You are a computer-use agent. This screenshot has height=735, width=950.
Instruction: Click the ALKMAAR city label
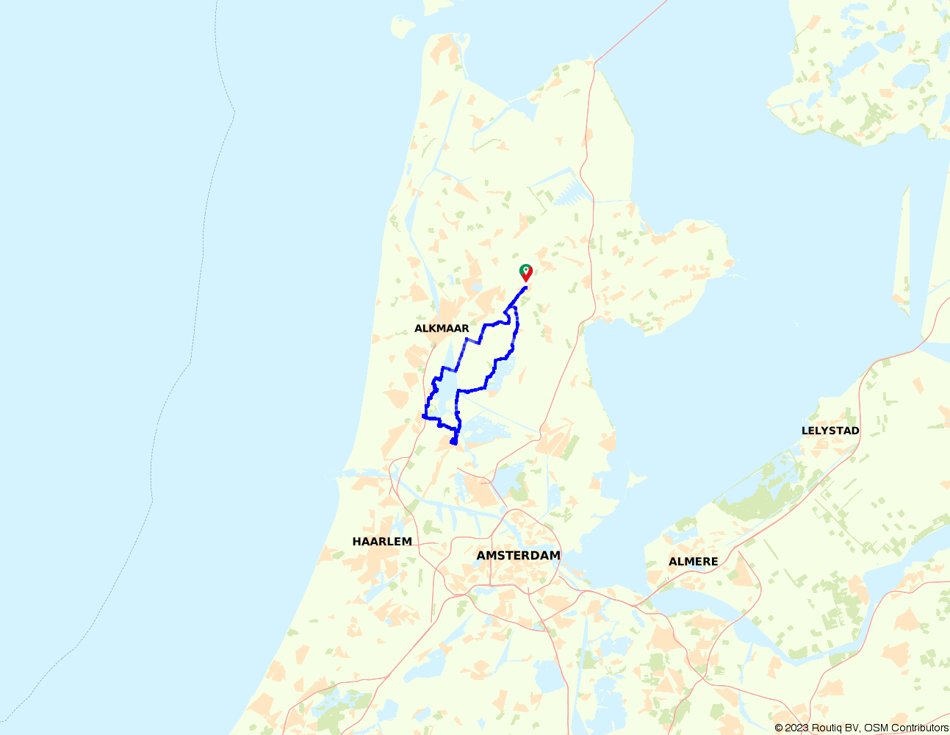pos(442,329)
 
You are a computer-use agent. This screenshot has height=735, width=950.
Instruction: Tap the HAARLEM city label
pos(382,542)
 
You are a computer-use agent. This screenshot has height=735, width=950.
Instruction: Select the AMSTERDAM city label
pos(518,556)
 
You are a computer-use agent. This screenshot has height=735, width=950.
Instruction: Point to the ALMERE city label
pos(693,562)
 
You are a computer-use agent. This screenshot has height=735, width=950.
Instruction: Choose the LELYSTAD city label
pos(830,431)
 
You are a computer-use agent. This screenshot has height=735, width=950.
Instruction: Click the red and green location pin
pos(525,271)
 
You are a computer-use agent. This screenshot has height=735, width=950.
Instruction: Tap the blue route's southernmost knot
pos(454,442)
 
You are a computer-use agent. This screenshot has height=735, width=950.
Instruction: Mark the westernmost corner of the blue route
pos(423,416)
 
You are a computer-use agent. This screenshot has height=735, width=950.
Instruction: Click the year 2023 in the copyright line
pos(798,728)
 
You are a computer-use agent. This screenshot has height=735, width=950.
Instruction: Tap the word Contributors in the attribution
pos(919,728)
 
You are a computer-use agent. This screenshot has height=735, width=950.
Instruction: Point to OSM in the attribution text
pos(876,728)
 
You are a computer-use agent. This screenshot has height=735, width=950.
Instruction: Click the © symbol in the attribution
pos(779,728)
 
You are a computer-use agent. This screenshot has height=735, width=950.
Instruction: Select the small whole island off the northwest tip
pos(403,27)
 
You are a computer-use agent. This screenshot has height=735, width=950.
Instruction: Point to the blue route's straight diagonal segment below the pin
pos(516,298)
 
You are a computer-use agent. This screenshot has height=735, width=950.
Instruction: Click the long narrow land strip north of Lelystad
pos(902,243)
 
